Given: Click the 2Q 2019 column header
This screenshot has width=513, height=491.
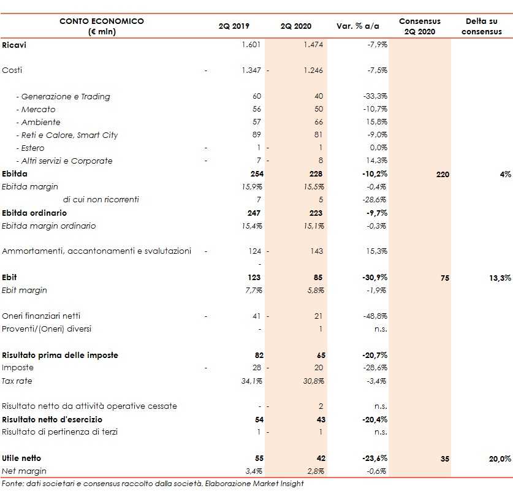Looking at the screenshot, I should coord(235,26).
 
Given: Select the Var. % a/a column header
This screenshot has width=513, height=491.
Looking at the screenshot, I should coord(358,26).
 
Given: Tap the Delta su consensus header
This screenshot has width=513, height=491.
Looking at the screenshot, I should coord(481,26).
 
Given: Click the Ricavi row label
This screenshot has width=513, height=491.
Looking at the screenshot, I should coord(14,45).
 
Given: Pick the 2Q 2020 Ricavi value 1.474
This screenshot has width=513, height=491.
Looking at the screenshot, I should coord(313,45).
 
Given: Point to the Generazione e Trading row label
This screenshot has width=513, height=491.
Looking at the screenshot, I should coord(63,96).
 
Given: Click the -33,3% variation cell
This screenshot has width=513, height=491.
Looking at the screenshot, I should coord(374,96).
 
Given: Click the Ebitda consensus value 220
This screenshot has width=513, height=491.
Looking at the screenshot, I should coord(443,174).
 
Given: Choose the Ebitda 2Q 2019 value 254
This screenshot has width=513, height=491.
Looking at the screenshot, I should coord(254,174).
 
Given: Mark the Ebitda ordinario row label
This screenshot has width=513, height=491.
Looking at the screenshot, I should coord(34,213).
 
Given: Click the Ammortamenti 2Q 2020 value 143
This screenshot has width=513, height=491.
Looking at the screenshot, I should coord(316,251).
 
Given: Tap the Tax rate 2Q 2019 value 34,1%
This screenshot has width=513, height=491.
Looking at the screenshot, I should coord(251,381).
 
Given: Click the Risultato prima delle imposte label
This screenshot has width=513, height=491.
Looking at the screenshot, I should coord(60,355).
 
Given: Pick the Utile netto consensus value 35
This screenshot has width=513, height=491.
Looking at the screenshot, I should coord(444,458).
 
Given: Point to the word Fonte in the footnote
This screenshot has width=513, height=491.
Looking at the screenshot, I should coord(12,484).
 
